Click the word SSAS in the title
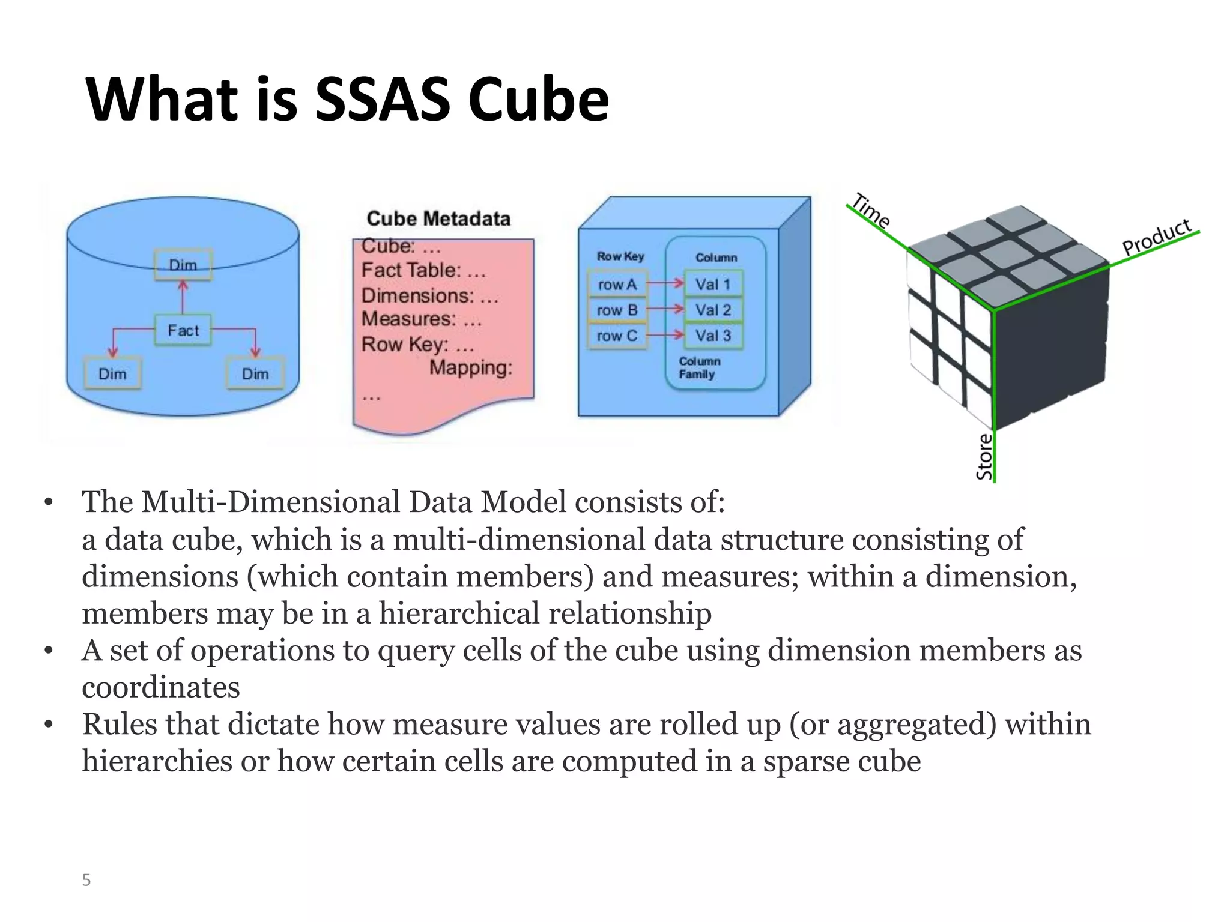coord(383,99)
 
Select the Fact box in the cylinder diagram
coord(183,330)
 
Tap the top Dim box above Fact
coord(183,265)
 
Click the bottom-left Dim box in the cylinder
coord(112,374)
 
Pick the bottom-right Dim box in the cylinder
coord(255,374)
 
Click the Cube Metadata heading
coord(438,218)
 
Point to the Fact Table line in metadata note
coord(423,270)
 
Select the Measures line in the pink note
coord(421,319)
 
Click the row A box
coord(617,285)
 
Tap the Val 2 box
coord(713,310)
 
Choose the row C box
coord(617,336)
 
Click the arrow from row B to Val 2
coord(665,309)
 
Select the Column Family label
coord(699,367)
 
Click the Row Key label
coord(620,256)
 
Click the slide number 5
coord(86,880)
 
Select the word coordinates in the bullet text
coord(161,687)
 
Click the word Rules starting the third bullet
coord(120,724)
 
